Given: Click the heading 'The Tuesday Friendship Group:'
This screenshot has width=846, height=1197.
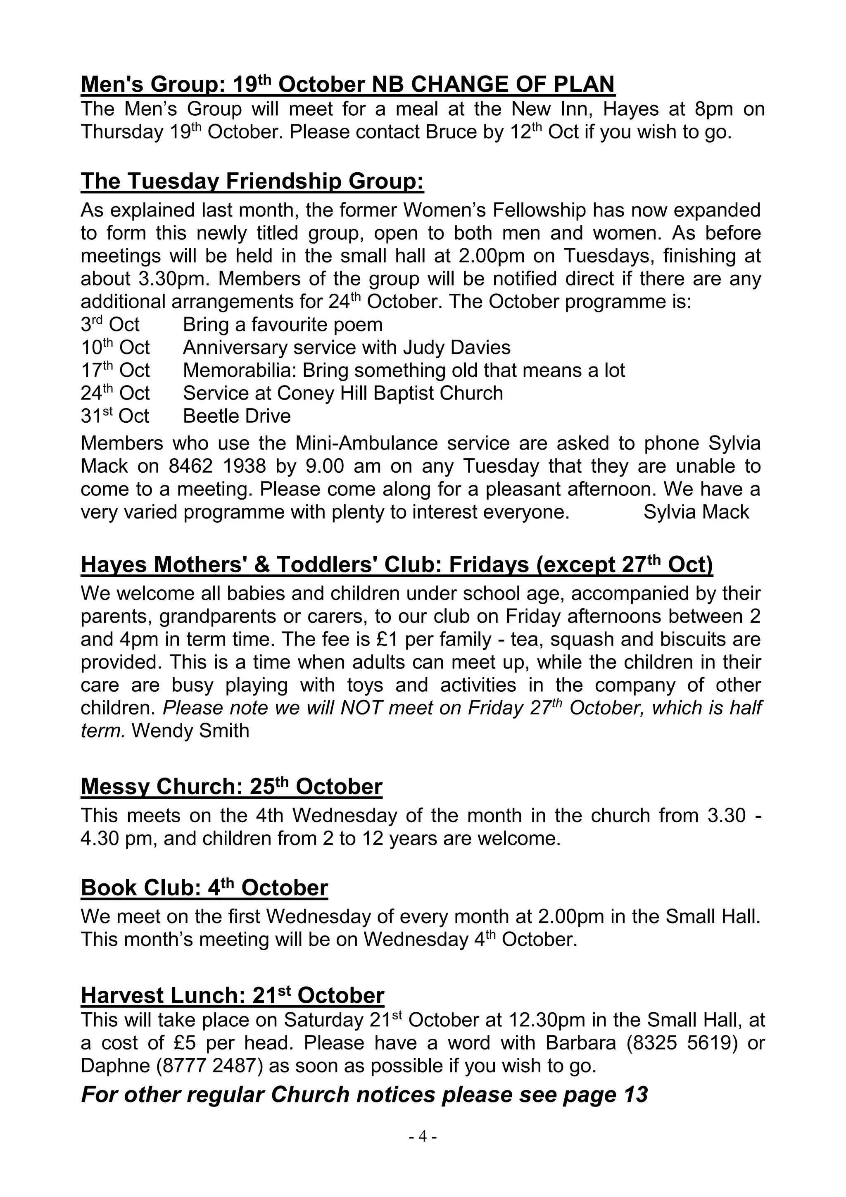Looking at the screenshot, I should pyautogui.click(x=252, y=181).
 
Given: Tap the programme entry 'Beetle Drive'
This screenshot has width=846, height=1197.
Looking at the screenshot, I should pyautogui.click(x=237, y=416).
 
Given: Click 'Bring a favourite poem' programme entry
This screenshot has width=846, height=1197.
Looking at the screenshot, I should pyautogui.click(x=283, y=324).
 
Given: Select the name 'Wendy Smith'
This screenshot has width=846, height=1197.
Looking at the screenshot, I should pyautogui.click(x=190, y=731).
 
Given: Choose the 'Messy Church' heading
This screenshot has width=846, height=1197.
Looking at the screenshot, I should pyautogui.click(x=231, y=787).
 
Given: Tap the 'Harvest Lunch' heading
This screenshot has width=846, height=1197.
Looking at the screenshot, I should pyautogui.click(x=233, y=995).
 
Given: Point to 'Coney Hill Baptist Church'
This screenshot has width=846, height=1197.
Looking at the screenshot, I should pyautogui.click(x=390, y=393).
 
